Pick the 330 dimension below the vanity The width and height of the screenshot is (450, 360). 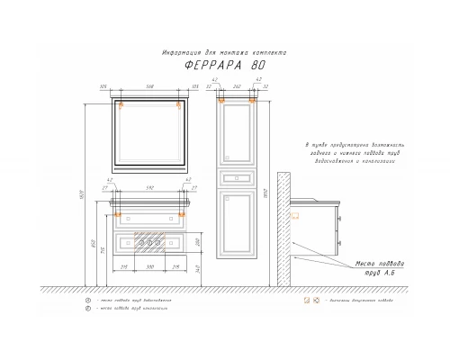[x=150, y=267]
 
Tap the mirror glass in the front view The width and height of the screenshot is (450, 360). [x=150, y=134]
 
